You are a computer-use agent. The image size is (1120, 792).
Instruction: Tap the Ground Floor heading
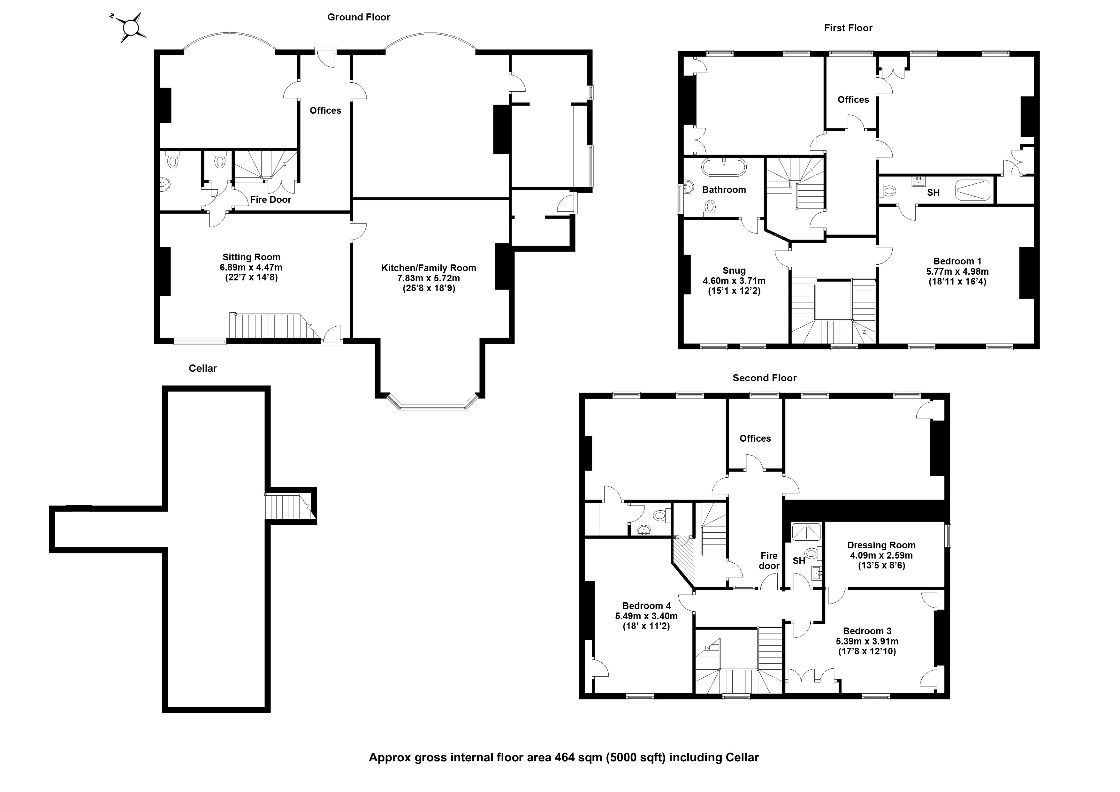point(359,17)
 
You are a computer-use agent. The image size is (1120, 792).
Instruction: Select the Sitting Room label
point(251,257)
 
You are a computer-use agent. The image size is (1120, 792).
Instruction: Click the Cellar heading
point(202,368)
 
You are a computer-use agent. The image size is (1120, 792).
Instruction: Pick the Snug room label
point(734,271)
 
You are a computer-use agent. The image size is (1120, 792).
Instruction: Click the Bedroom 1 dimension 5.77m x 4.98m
point(957,272)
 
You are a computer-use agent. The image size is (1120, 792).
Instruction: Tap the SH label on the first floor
point(933,193)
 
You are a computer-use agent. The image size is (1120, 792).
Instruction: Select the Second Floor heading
point(764,378)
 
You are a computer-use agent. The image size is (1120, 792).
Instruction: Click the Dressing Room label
point(881,545)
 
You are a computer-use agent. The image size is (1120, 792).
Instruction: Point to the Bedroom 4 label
point(646,606)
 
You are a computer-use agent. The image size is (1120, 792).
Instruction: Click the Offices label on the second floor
point(755,438)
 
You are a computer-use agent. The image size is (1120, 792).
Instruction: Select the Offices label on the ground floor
point(325,111)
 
